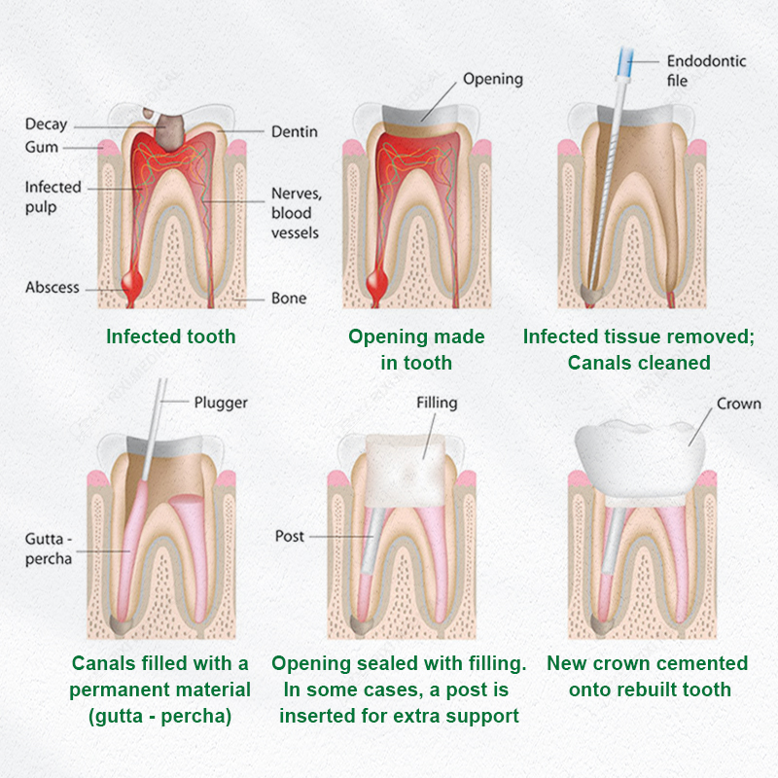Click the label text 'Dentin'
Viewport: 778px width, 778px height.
pos(295,131)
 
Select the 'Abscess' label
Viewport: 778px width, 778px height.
pos(53,287)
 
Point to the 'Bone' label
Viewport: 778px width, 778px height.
pos(289,299)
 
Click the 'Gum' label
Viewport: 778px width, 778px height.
pos(42,148)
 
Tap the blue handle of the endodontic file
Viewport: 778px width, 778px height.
pos(625,62)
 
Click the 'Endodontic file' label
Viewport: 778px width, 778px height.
pos(706,70)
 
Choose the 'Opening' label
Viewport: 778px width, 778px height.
pos(493,80)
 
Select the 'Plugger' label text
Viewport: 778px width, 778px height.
pos(221,403)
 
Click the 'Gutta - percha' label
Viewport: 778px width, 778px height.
pos(49,548)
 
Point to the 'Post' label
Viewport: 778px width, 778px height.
pos(289,537)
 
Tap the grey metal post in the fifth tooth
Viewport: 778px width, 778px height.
pos(373,541)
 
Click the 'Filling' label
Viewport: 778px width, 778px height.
pos(437,403)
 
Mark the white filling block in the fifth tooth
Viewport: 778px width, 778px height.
pos(406,471)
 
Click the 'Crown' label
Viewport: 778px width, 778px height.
pos(739,404)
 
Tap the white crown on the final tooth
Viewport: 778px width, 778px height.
pos(640,459)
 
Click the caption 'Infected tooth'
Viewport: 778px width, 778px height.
pos(171,336)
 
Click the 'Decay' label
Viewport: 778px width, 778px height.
pos(46,124)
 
